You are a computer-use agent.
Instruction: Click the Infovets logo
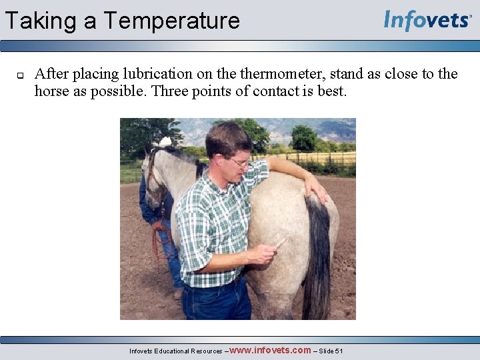(427, 20)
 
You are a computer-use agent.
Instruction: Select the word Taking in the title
(40, 21)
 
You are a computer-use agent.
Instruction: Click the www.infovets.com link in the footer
(270, 350)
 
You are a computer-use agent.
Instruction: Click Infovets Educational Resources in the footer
(176, 351)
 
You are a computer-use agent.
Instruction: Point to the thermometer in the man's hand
(281, 243)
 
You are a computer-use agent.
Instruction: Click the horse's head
(155, 173)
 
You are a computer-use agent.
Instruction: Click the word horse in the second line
(53, 91)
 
